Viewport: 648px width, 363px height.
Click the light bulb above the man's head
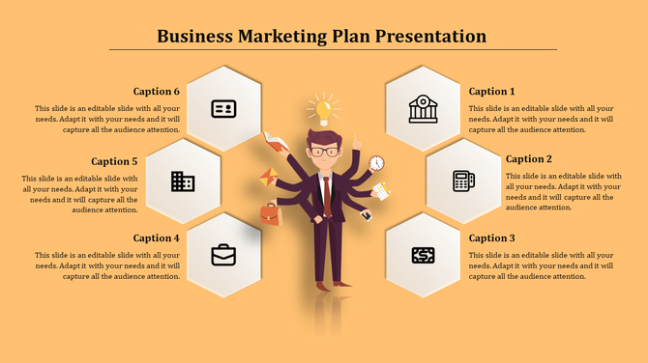point(323,106)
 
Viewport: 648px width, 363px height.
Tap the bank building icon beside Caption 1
point(423,108)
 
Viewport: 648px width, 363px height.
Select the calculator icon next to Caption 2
point(463,181)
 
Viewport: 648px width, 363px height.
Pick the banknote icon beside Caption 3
point(423,255)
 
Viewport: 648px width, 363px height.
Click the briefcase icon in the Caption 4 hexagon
point(223,255)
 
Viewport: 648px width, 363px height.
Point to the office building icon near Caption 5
point(183,181)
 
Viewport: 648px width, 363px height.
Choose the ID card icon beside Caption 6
point(223,108)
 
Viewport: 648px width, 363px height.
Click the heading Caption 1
point(492,92)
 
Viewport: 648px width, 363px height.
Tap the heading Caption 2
point(529,159)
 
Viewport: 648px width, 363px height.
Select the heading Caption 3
point(492,237)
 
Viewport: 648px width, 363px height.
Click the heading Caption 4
point(157,237)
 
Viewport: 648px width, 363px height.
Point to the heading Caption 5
point(115,161)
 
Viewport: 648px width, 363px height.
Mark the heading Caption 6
point(157,92)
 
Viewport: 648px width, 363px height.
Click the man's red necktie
point(327,193)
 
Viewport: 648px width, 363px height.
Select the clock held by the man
point(376,163)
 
